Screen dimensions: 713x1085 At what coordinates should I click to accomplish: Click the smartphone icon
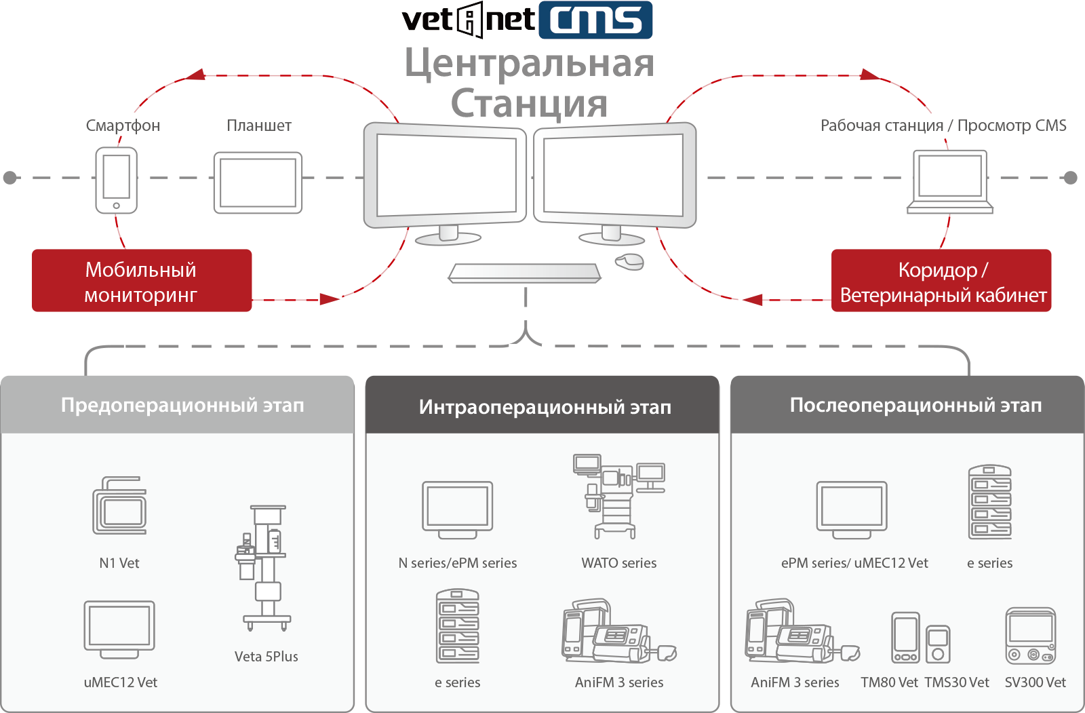[x=116, y=180]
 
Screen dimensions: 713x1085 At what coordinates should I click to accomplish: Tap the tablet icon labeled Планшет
[x=258, y=182]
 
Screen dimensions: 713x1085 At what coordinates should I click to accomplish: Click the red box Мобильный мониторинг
[x=142, y=281]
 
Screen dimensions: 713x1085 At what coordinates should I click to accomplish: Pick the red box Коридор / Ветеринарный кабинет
[x=941, y=281]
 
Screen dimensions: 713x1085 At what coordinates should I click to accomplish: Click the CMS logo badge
[x=595, y=20]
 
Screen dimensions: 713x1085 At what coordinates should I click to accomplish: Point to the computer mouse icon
[x=629, y=261]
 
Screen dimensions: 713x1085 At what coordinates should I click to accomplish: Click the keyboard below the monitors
[x=524, y=273]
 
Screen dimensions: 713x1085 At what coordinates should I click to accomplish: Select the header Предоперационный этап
[x=182, y=405]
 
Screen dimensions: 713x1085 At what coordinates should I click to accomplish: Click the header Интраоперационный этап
[x=545, y=406]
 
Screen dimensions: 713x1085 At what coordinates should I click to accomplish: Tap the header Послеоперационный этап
[x=915, y=405]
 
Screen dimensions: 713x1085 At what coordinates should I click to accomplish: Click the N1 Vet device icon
[x=119, y=505]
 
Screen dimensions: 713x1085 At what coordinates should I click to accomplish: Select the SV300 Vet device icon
[x=1030, y=636]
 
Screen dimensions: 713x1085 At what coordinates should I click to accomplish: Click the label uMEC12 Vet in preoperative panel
[x=120, y=682]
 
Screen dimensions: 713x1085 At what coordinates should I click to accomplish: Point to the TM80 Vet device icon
[x=905, y=638]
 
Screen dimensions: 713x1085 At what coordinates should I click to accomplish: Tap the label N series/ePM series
[x=457, y=563]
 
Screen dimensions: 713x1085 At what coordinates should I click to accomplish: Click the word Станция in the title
[x=529, y=104]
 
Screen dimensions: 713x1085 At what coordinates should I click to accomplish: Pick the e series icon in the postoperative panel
[x=989, y=502]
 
